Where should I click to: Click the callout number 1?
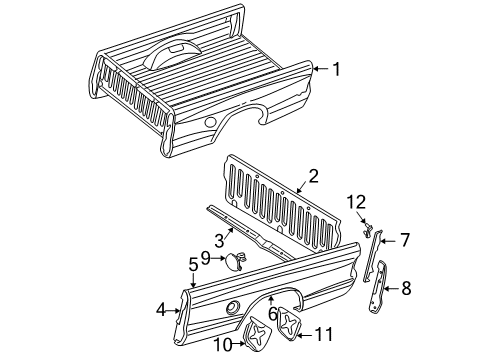click(336, 70)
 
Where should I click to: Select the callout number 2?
click(313, 176)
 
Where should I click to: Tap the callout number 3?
click(219, 240)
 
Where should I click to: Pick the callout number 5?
click(194, 265)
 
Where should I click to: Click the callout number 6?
click(271, 314)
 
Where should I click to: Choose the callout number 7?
click(405, 240)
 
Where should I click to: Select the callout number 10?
click(223, 345)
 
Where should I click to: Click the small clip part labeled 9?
click(235, 262)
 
